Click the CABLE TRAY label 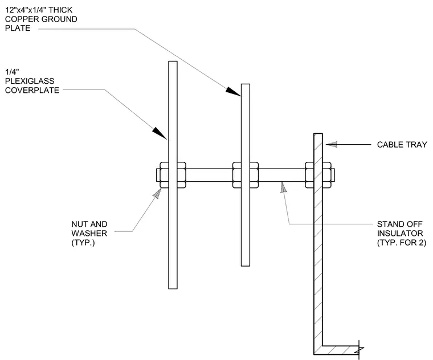tap(402, 145)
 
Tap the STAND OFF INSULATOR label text tap(402, 234)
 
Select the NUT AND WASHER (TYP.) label tap(89, 234)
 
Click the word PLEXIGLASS tap(30, 81)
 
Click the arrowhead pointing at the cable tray tap(332, 144)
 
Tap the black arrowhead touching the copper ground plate tap(233, 91)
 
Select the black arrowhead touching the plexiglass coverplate tap(160, 133)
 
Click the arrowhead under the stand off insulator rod tap(283, 187)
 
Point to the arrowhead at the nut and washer tap(157, 193)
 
